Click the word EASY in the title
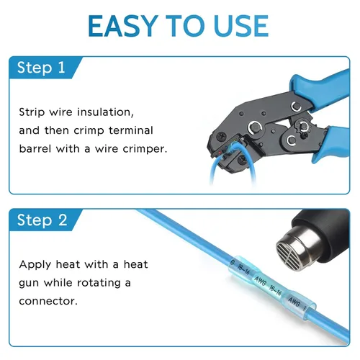point(123,26)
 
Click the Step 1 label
point(41,67)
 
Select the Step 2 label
point(42,220)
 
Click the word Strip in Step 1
point(32,112)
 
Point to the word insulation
point(105,112)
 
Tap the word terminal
point(131,130)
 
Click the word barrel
point(35,149)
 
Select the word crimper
point(145,149)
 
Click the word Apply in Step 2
point(35,265)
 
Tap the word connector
point(48,301)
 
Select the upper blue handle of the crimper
point(320,88)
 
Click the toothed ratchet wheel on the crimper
point(303,127)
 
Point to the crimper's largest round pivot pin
point(254,127)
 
